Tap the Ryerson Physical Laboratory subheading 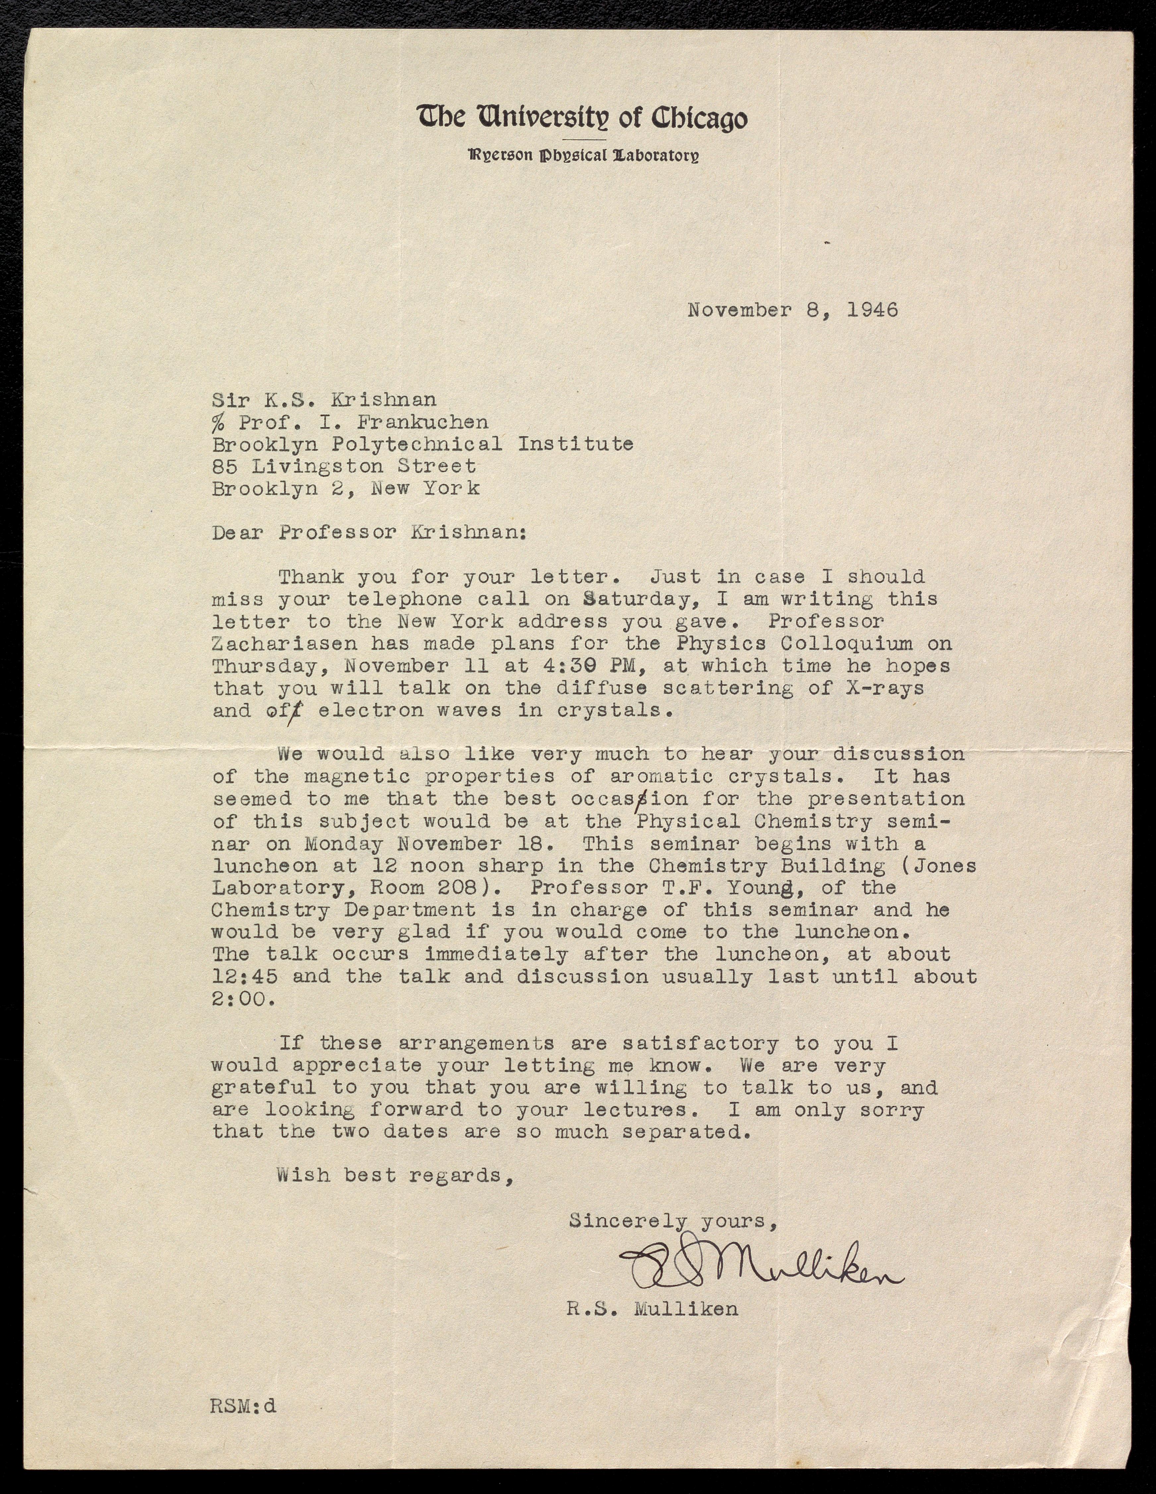(x=583, y=155)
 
